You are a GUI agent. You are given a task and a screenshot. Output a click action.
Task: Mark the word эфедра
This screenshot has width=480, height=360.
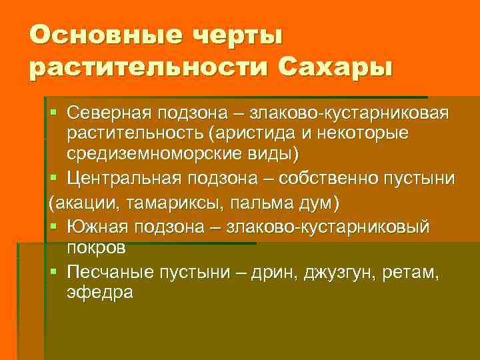100,293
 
